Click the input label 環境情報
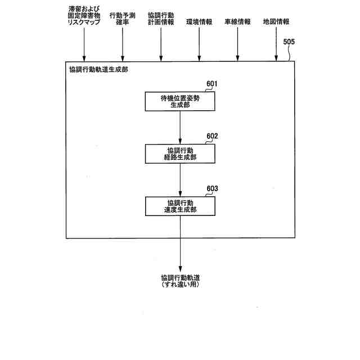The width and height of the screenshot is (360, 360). (x=199, y=22)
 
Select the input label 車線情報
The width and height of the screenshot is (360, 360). (x=237, y=22)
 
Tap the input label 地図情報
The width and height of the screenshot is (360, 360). (x=276, y=22)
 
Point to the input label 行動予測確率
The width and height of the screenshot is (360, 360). (x=122, y=19)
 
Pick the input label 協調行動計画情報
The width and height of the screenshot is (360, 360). (x=161, y=19)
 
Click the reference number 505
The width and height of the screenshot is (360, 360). (x=289, y=42)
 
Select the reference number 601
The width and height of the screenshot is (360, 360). (x=211, y=84)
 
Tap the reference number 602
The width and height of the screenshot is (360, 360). (x=211, y=136)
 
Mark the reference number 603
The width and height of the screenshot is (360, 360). (x=211, y=188)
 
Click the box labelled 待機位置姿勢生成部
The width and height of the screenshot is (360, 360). (x=180, y=101)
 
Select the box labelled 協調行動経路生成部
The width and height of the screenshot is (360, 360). (x=180, y=154)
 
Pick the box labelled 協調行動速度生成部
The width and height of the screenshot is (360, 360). (x=180, y=206)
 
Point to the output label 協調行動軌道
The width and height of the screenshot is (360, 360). (x=180, y=277)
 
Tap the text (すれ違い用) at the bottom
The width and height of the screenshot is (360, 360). (x=180, y=285)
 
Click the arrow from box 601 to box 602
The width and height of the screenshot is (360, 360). (x=180, y=127)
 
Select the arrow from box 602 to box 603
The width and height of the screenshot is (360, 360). (x=180, y=179)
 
